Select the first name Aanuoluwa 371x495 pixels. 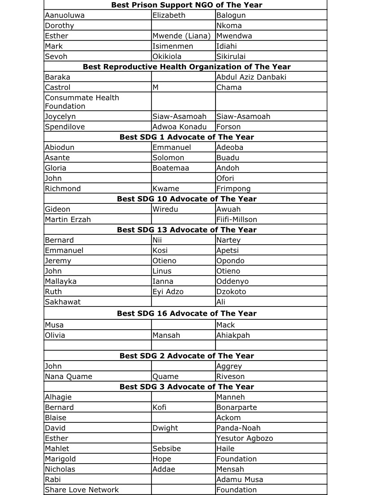click(65, 15)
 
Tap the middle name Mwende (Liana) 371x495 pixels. click(181, 36)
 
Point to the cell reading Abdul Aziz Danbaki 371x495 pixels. click(251, 77)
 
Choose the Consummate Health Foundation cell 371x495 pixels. click(82, 102)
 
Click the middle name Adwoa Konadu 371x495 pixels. click(179, 127)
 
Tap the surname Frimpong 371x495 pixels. click(233, 189)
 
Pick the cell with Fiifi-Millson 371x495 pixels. click(237, 220)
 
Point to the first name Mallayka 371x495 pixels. click(60, 281)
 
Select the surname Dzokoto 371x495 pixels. click(231, 292)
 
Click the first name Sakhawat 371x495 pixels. click(63, 302)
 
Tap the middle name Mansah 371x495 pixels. click(167, 335)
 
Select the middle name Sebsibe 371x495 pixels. click(167, 448)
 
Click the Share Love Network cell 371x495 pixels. click(82, 490)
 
